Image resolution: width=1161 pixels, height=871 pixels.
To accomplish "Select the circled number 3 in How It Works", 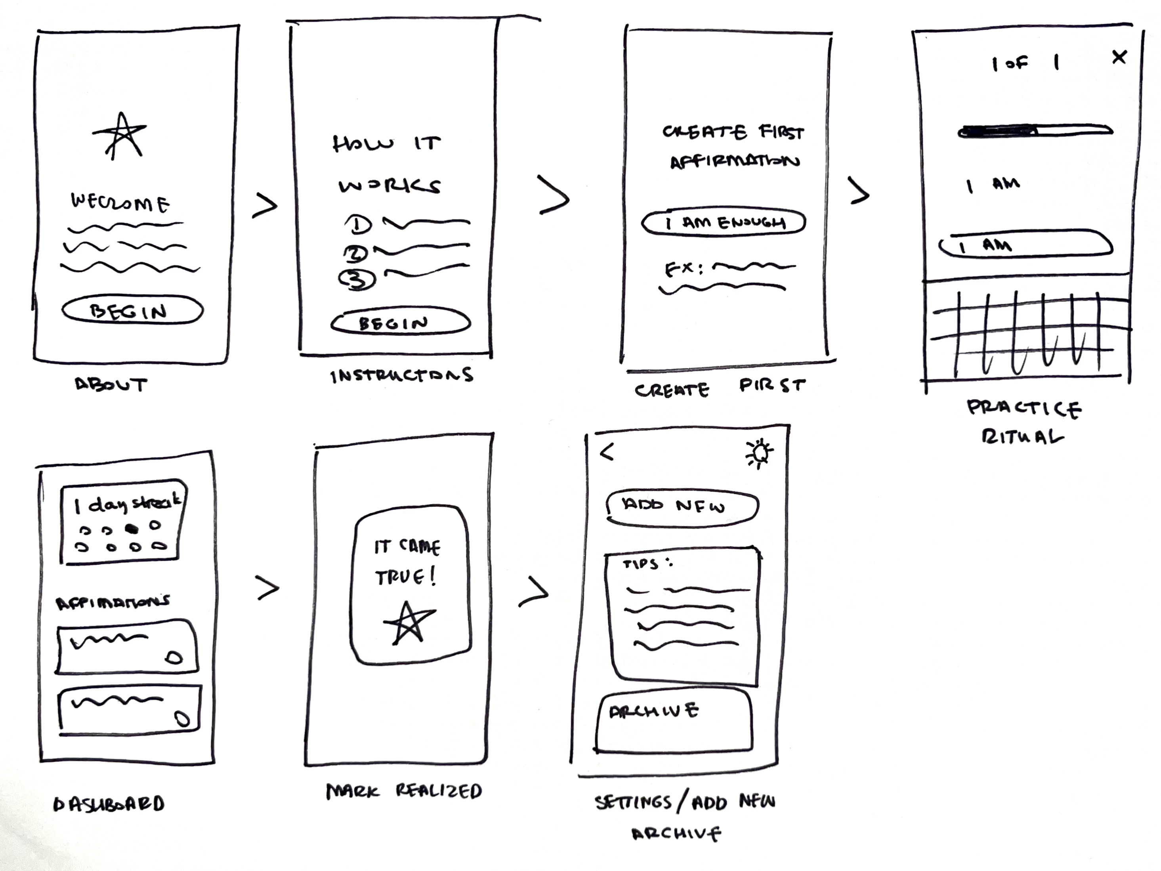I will (x=357, y=279).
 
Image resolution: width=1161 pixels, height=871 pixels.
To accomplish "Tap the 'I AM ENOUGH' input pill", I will (x=723, y=223).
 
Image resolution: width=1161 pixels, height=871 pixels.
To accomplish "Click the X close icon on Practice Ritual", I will (x=1119, y=57).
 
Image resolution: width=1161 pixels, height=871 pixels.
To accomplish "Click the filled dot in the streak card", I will (x=132, y=529).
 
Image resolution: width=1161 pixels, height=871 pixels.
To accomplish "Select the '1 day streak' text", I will (x=128, y=504).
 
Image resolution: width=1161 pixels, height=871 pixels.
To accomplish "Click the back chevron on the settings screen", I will (x=607, y=452).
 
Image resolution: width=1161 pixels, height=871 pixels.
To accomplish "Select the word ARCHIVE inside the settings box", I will (x=653, y=711).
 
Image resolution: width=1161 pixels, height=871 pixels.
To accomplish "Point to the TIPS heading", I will (x=642, y=564).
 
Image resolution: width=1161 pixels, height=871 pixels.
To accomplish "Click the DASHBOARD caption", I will (x=109, y=804).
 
